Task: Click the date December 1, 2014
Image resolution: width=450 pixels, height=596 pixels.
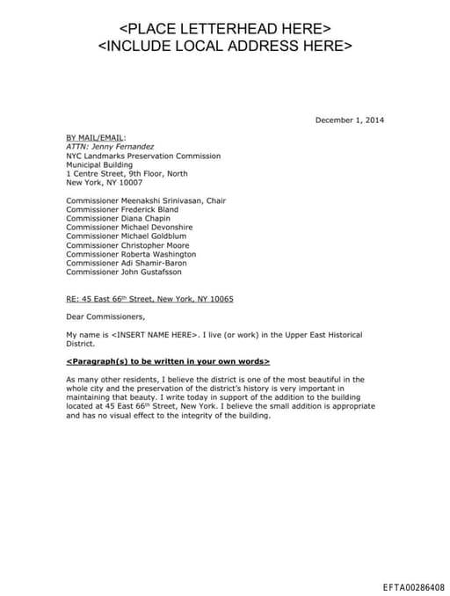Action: [x=349, y=120]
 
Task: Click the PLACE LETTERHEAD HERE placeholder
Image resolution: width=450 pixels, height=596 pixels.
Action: [x=225, y=28]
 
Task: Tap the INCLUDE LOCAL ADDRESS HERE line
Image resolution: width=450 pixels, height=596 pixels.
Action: [x=225, y=45]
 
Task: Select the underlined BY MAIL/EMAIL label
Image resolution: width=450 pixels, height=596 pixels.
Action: [x=96, y=137]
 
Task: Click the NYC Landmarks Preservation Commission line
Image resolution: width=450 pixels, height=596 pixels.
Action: [x=143, y=156]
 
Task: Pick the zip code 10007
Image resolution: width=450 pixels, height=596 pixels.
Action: [x=130, y=182]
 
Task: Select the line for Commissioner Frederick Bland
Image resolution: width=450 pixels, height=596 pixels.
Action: [x=122, y=209]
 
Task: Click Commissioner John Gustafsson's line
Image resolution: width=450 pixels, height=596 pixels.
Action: [x=130, y=272]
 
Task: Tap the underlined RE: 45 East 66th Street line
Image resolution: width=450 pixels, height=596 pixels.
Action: [x=149, y=299]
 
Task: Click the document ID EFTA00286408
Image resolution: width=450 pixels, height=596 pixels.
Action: [x=413, y=585]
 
